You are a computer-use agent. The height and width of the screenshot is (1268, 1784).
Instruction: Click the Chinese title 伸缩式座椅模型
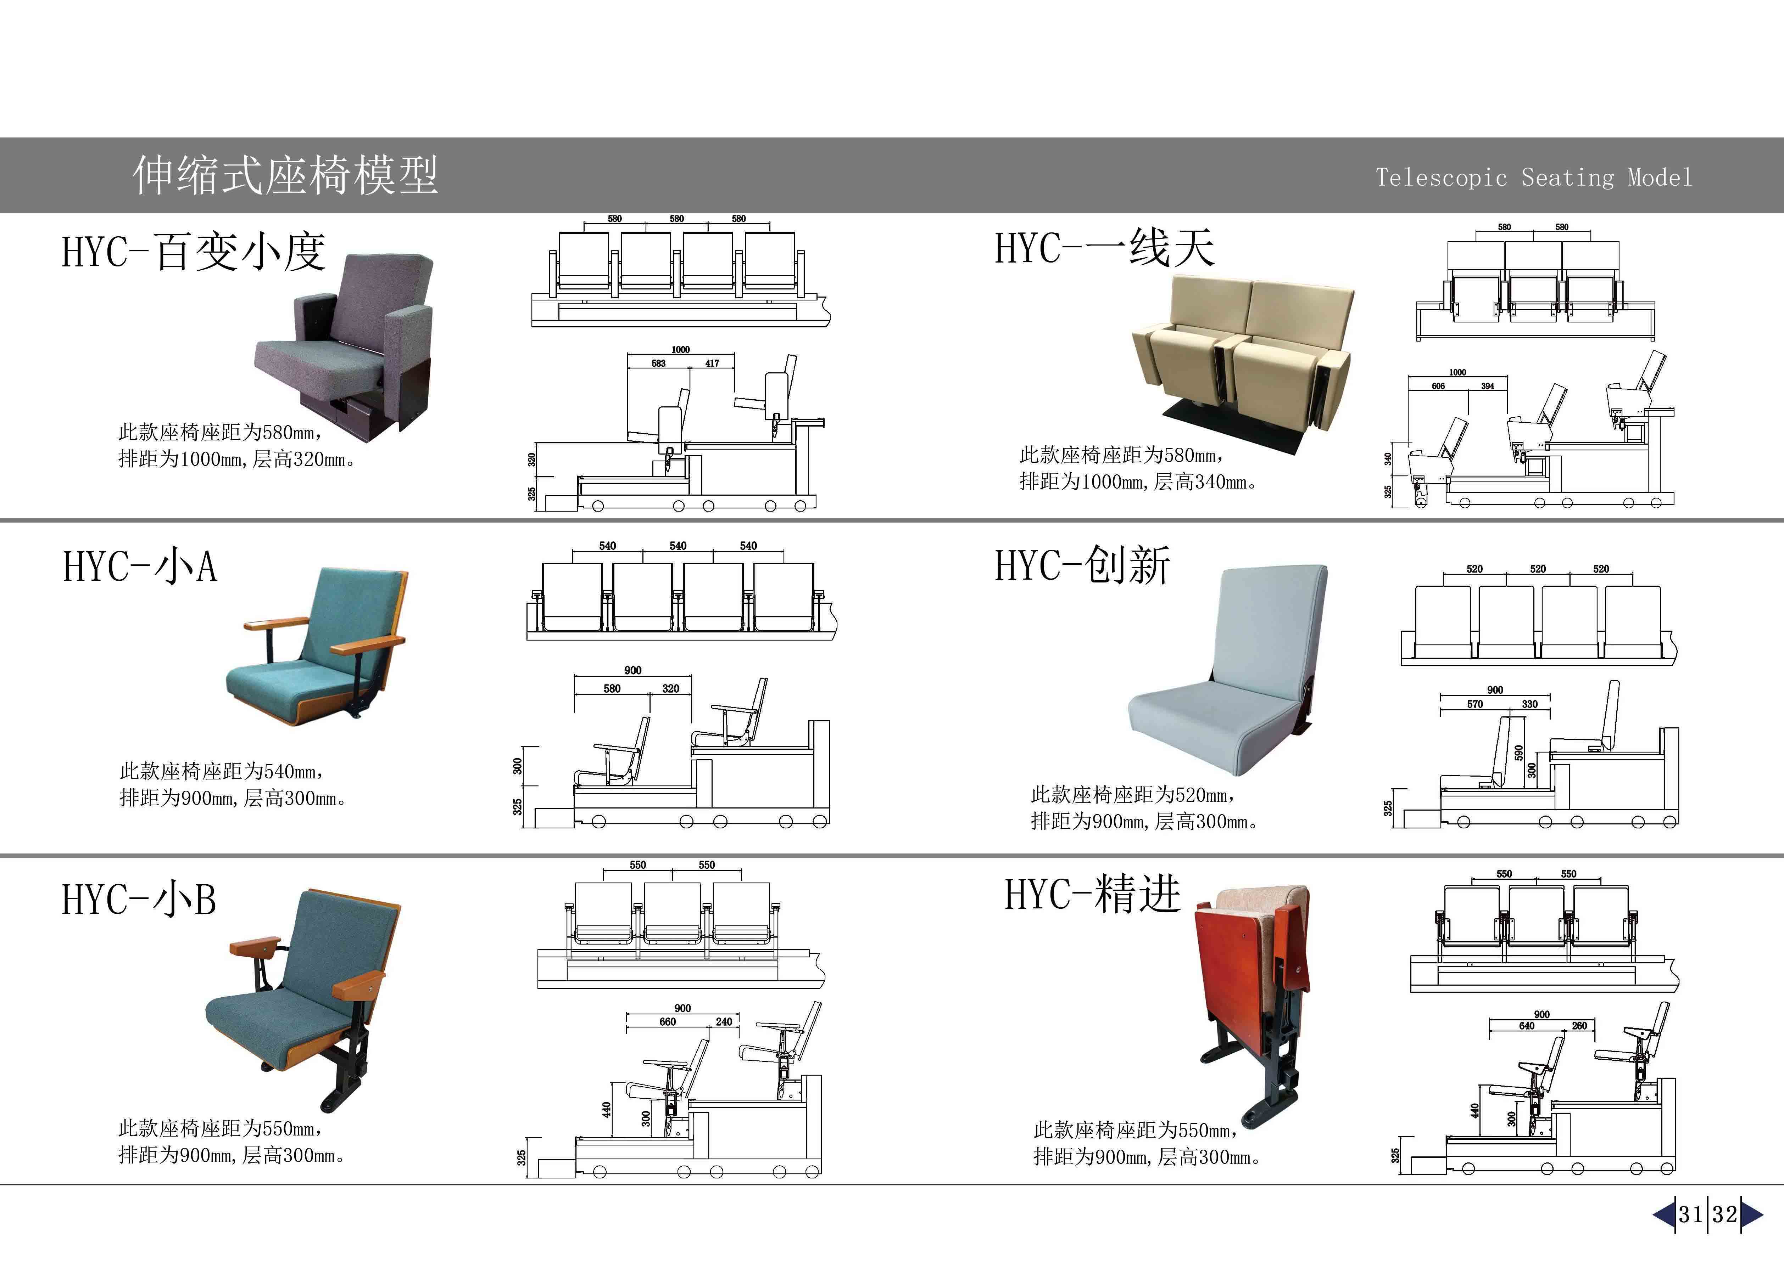(x=285, y=175)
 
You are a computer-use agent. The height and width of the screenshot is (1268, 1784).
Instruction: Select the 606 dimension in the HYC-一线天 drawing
(x=1438, y=386)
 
